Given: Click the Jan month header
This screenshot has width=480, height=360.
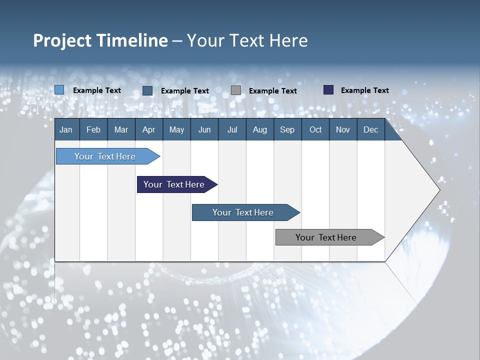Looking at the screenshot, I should tap(66, 129).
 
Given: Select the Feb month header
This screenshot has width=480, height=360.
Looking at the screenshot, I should tap(93, 129).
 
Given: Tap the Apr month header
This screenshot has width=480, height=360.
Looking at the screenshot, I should tap(148, 129).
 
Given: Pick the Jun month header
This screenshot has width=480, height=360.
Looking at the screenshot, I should tap(204, 129).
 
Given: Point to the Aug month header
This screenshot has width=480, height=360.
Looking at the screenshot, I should tap(259, 129).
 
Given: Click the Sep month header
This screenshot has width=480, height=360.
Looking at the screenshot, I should tap(287, 129).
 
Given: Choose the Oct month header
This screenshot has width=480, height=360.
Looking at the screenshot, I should tap(315, 129).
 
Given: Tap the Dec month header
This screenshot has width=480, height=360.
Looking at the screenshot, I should tap(370, 129).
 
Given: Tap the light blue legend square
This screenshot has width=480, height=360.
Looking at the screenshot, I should tap(59, 90).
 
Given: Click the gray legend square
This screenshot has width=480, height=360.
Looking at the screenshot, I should tap(236, 90).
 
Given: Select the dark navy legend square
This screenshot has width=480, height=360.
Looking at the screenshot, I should tap(328, 90).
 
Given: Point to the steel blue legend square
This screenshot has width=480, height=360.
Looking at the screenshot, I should tap(147, 90).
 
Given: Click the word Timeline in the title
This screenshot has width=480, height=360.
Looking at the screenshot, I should tap(132, 40).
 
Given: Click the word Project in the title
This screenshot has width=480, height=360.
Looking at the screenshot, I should tap(62, 40).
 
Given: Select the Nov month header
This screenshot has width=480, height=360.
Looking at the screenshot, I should tap(342, 129).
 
